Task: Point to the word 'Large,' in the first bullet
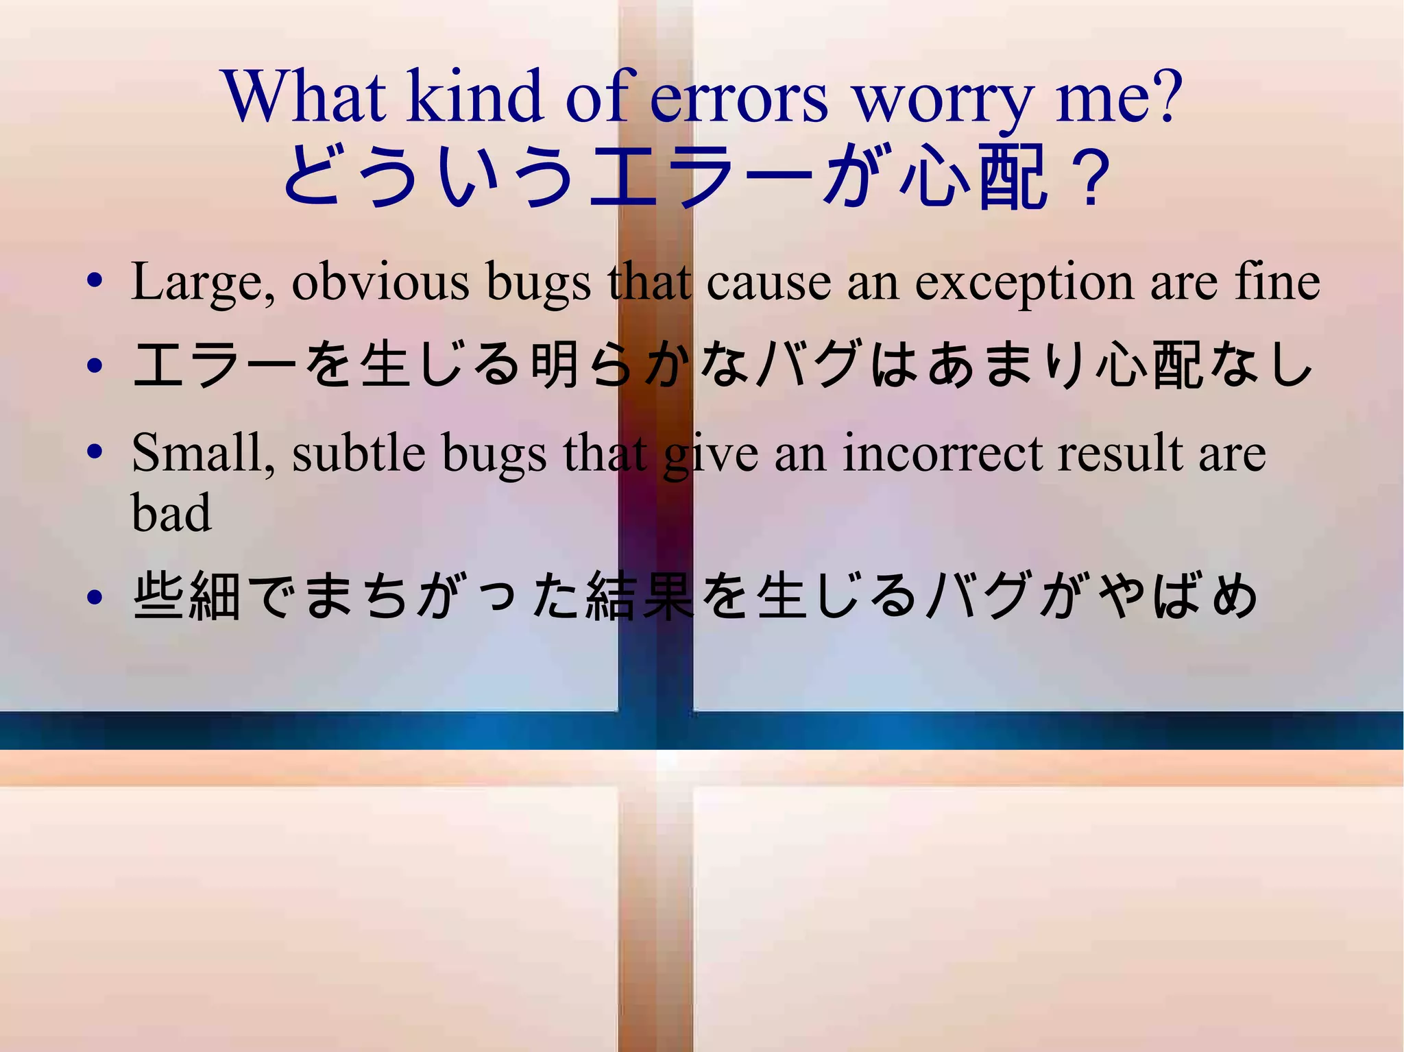tap(204, 282)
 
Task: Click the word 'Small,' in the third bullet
tap(203, 454)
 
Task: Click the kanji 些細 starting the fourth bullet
tap(187, 596)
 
